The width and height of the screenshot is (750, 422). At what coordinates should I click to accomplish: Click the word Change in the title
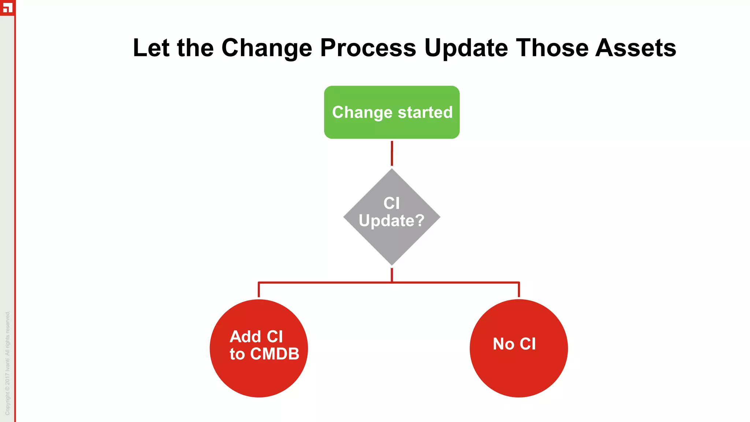(x=266, y=48)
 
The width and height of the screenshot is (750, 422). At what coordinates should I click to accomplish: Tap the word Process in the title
(x=368, y=48)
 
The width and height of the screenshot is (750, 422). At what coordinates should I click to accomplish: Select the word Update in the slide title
(x=466, y=48)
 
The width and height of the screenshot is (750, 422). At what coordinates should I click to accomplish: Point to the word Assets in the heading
(x=635, y=48)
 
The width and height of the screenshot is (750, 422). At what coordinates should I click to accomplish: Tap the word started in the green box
(x=425, y=112)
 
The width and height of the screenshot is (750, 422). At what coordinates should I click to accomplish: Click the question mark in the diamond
(x=419, y=221)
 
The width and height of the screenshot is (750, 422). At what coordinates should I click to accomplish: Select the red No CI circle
(x=519, y=370)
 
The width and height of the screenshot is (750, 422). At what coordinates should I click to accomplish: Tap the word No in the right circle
(x=504, y=344)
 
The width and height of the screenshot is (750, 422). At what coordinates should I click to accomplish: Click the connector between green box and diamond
(x=392, y=153)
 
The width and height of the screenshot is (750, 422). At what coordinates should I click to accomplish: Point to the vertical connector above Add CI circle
(x=259, y=290)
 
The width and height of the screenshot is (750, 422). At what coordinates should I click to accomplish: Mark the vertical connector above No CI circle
(x=519, y=290)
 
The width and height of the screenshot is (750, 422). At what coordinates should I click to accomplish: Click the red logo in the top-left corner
(x=7, y=7)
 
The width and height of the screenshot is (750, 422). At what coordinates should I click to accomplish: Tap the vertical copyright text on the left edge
(x=7, y=363)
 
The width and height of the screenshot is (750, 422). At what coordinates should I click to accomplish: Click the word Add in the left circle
(x=245, y=337)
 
